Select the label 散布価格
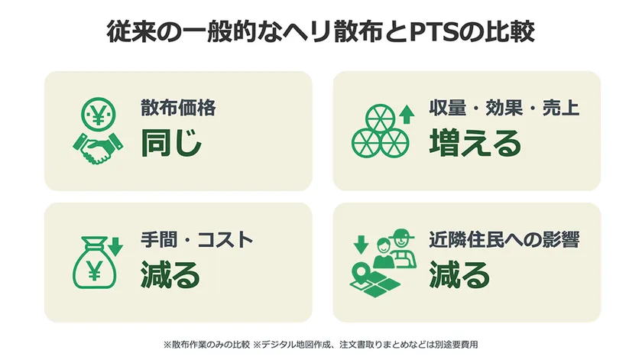[178, 108]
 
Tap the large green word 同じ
[171, 142]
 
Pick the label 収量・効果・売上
[504, 108]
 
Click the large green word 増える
[475, 142]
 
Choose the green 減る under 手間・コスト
[170, 274]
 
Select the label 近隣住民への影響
[504, 239]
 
